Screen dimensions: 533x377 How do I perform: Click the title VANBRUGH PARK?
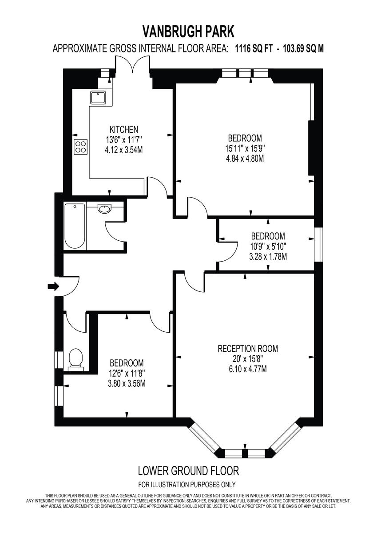(x=188, y=32)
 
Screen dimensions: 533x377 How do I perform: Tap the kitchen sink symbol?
(x=97, y=97)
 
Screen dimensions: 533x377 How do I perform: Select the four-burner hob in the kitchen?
(x=80, y=147)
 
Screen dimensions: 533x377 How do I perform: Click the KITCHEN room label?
(x=123, y=130)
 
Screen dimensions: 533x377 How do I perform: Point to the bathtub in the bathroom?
(x=75, y=226)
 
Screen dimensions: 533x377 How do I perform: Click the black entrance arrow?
(x=53, y=286)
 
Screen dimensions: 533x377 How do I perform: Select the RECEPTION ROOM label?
(x=247, y=349)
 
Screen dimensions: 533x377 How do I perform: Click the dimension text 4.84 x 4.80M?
(x=245, y=158)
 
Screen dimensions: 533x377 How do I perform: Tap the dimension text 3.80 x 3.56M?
(x=127, y=383)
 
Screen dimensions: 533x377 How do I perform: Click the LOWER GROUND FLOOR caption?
(x=188, y=470)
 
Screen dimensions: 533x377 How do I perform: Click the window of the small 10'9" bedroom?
(x=318, y=245)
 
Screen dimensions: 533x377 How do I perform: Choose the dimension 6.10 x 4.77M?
(x=247, y=369)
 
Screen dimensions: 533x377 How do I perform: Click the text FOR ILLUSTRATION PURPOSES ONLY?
(x=187, y=485)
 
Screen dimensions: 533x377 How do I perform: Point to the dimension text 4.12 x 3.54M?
(x=123, y=150)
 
